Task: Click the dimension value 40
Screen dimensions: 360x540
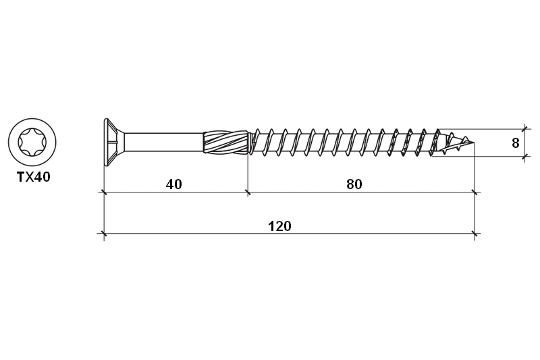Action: point(174,184)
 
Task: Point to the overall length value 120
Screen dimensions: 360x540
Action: point(279,226)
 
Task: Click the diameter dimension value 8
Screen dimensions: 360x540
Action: point(515,143)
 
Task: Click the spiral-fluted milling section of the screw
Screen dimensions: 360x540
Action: point(226,143)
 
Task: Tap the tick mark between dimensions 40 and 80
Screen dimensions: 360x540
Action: point(248,192)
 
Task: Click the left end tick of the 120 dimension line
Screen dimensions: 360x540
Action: point(103,234)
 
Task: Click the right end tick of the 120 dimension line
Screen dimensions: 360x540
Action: point(475,234)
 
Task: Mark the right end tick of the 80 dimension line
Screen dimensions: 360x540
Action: point(475,192)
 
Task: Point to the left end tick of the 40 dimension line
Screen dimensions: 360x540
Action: point(103,192)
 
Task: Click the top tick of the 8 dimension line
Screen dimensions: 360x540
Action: point(524,128)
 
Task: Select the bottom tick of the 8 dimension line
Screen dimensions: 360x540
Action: point(524,157)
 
